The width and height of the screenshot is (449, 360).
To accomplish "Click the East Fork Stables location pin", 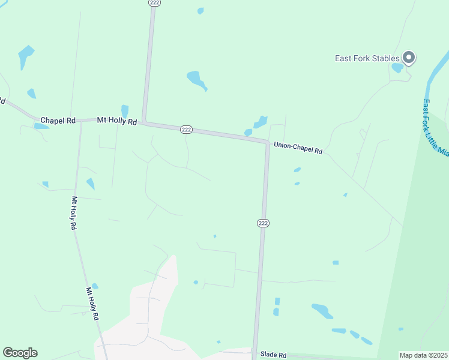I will tap(409, 58).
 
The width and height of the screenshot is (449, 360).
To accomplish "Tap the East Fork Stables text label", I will tap(367, 58).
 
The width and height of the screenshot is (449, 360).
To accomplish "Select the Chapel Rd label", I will tap(58, 121).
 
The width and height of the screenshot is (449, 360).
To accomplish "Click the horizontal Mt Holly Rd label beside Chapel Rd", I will tap(117, 121).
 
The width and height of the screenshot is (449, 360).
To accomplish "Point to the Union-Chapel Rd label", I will tap(298, 148).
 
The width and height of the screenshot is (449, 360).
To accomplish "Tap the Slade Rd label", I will tap(274, 355).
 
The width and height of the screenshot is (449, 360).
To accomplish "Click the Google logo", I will tap(20, 353).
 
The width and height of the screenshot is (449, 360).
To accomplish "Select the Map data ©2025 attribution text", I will tap(423, 355).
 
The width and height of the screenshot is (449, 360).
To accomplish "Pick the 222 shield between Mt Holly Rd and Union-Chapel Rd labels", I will tap(186, 129).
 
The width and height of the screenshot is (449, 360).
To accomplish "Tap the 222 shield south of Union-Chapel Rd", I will tap(263, 223).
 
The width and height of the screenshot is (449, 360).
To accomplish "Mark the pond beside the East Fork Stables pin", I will tap(397, 68).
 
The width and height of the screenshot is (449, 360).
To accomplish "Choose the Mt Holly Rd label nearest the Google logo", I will tap(92, 304).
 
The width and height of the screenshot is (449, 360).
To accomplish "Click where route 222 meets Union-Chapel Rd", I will tap(268, 143).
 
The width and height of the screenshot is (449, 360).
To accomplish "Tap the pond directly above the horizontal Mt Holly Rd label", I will tap(125, 111).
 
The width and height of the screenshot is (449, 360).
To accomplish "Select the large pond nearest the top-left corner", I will tap(25, 56).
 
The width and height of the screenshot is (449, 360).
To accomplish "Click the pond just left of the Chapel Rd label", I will tap(41, 126).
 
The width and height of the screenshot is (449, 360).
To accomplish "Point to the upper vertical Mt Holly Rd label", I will tap(74, 214).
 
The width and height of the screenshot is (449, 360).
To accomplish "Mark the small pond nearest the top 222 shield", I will tap(200, 11).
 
